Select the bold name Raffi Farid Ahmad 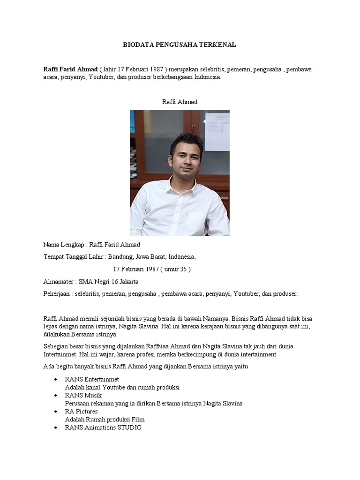click(x=70, y=69)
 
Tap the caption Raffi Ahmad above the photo click(x=180, y=102)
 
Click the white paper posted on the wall click(x=217, y=131)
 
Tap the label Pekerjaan click(x=57, y=293)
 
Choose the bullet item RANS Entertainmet click(x=92, y=379)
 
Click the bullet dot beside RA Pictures click(x=57, y=412)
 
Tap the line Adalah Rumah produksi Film click(x=105, y=420)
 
